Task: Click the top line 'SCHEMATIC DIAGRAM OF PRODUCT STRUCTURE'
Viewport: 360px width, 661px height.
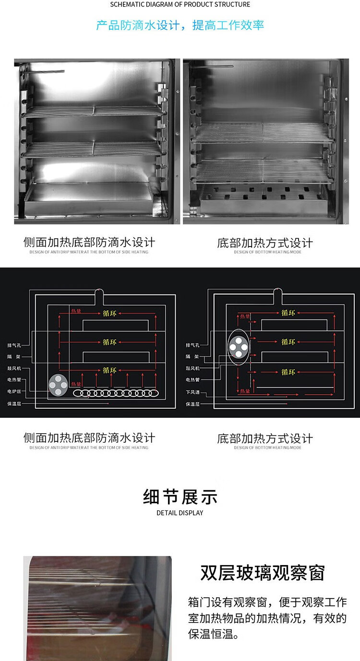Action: pos(180,5)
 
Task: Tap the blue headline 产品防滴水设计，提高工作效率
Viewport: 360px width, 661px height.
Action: pos(180,25)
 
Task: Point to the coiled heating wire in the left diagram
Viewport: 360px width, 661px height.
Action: pos(116,393)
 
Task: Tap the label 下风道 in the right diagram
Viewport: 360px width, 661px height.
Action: pos(192,392)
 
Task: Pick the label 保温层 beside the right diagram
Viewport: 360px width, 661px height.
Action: pos(192,404)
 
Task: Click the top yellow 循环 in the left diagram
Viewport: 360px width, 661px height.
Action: pos(110,313)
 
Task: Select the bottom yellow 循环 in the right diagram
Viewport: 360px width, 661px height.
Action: pos(288,372)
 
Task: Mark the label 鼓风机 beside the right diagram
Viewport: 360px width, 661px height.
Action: pos(192,368)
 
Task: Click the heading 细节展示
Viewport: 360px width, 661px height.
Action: pos(180,497)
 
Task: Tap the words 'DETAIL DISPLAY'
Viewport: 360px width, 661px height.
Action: pos(180,513)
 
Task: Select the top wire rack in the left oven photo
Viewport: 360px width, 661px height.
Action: pos(91,110)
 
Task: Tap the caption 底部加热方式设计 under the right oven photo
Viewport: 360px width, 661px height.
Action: pos(265,243)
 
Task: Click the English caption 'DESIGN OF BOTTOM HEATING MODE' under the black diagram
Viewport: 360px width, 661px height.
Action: pos(268,448)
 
